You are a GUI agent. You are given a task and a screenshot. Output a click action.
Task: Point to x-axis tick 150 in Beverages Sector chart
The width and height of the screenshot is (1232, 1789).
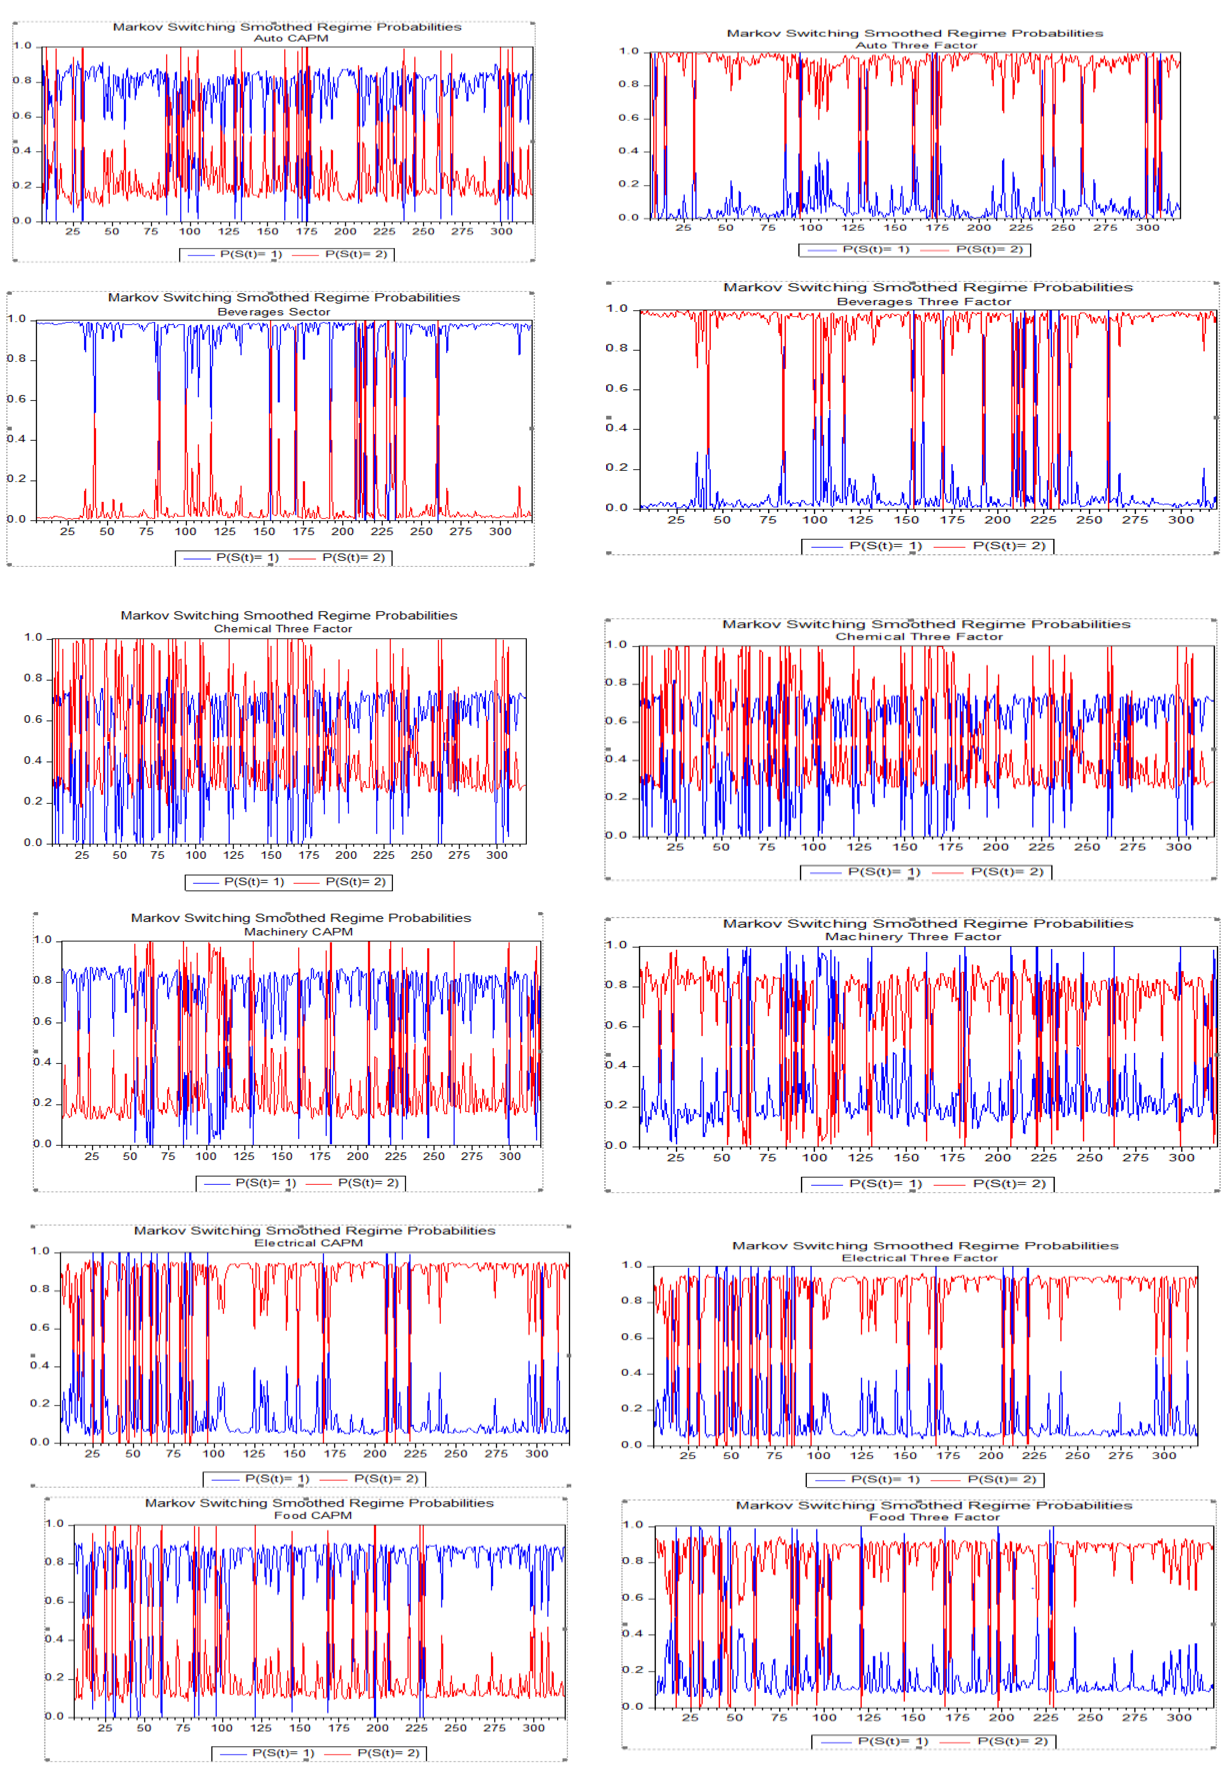pyautogui.click(x=264, y=531)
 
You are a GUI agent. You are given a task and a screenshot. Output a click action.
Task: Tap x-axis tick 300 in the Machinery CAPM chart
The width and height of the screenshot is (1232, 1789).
pyautogui.click(x=509, y=1156)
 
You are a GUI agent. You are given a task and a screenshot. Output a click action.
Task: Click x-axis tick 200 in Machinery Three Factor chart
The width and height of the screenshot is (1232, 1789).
pyautogui.click(x=997, y=1157)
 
